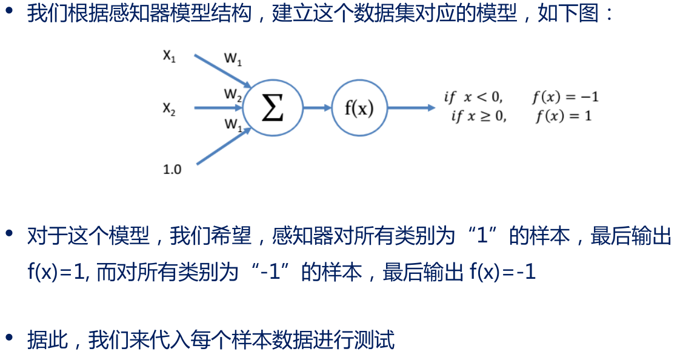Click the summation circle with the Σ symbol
point(272,108)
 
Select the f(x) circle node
point(359,108)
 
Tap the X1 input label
point(169,56)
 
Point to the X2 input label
point(169,109)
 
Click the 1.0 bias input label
point(172,170)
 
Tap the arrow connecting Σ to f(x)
point(316,108)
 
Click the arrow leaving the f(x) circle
point(410,108)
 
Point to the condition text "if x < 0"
point(473,97)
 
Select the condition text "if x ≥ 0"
point(479,116)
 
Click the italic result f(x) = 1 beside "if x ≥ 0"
point(563,116)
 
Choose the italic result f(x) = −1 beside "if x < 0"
point(565,97)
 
